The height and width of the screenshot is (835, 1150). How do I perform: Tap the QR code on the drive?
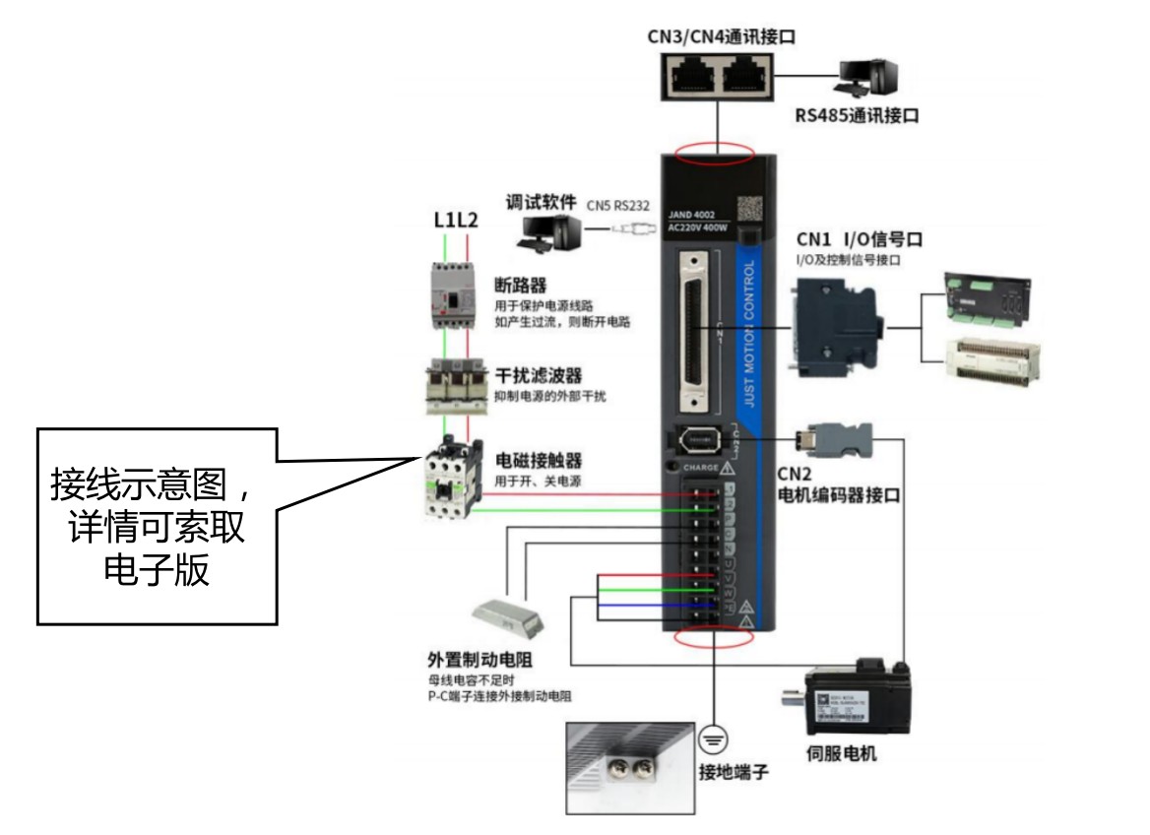751,209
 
